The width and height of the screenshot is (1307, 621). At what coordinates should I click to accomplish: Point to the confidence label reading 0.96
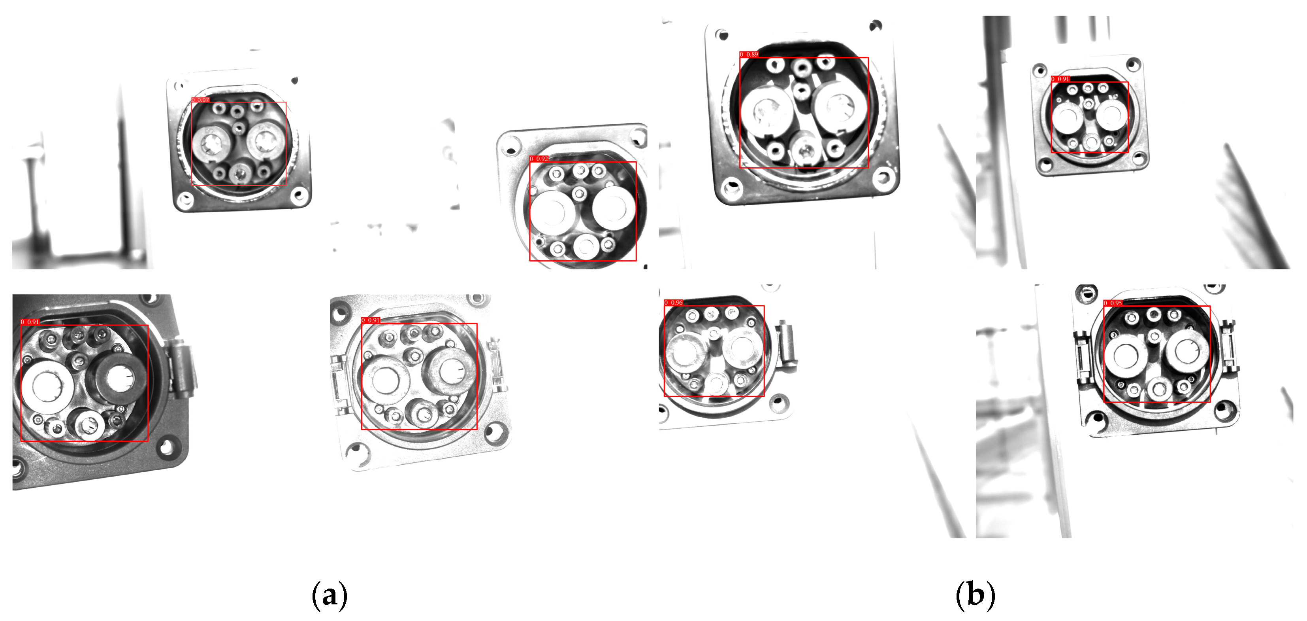[x=674, y=303]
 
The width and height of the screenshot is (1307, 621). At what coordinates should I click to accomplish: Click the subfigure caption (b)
[x=975, y=594]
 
